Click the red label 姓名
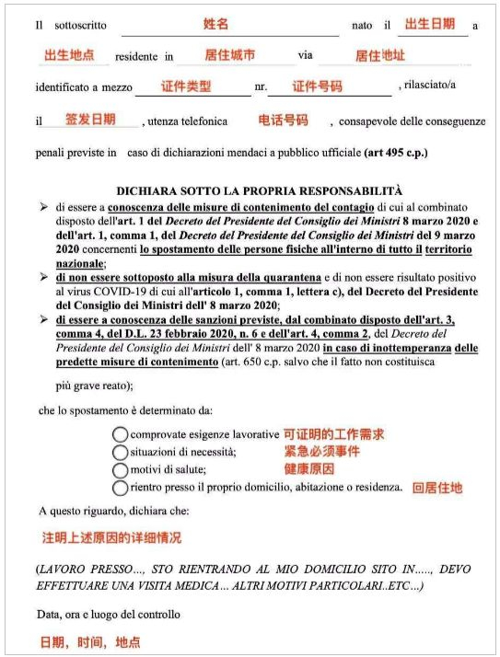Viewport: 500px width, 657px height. point(216,23)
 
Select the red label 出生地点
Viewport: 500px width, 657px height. point(69,55)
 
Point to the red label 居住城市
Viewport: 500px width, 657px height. point(229,55)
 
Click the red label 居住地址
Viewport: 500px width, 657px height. point(379,55)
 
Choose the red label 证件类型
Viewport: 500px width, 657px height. point(187,86)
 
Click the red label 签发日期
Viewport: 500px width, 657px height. point(90,119)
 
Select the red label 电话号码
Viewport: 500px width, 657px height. point(283,120)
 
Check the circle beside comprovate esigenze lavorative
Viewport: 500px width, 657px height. point(120,433)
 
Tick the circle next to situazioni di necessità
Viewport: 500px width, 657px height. point(120,452)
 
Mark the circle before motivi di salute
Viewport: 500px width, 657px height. point(120,469)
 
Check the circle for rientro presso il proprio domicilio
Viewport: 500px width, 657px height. point(120,488)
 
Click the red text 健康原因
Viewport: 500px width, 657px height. point(308,468)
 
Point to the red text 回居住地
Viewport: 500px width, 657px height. point(437,489)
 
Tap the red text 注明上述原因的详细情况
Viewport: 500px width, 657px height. point(111,536)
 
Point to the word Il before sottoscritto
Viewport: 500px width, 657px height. point(40,26)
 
